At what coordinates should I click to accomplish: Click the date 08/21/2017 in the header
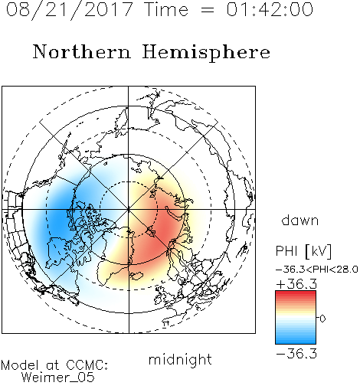coord(70,10)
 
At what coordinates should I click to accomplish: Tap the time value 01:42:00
coord(270,9)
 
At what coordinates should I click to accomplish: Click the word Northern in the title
coord(82,52)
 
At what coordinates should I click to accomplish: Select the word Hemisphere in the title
coord(206,52)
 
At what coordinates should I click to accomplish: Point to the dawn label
coord(300,220)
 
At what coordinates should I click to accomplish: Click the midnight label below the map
coord(180,359)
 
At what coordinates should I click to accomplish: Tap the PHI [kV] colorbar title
coord(303,251)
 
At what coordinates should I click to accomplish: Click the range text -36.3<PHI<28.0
coord(316,270)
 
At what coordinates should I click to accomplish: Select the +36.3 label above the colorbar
coord(296,284)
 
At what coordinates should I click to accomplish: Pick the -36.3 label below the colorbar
coord(296,354)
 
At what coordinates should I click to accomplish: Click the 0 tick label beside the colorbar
coord(322,319)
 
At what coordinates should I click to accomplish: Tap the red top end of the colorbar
coord(296,293)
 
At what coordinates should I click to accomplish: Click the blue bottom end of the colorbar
coord(296,342)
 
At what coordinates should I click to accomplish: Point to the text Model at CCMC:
coord(54,365)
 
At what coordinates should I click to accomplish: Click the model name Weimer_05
coord(58,378)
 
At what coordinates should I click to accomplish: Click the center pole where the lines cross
coord(129,209)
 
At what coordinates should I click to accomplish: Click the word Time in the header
coord(166,9)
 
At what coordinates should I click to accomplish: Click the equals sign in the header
coord(208,10)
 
